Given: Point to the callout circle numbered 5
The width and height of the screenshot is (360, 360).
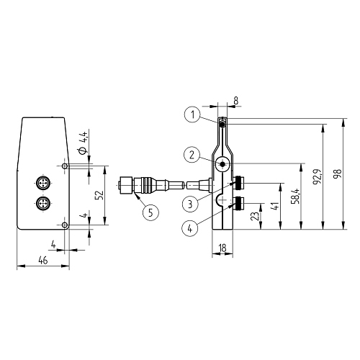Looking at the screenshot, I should [x=150, y=212].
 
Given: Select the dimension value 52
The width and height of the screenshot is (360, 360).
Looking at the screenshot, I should [x=100, y=194].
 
